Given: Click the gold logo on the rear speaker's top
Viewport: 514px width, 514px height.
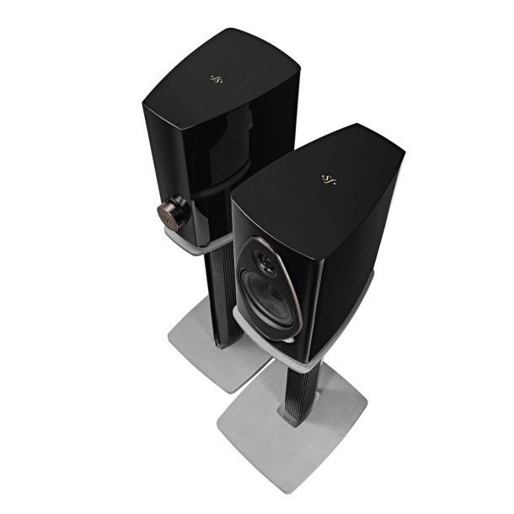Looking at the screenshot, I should click(215, 81).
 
